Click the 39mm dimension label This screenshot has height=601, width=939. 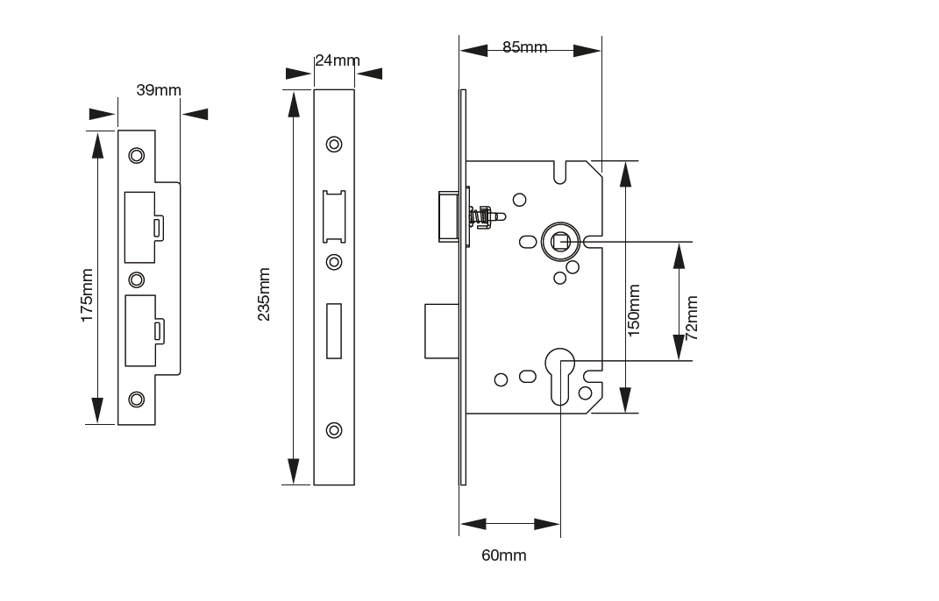(x=159, y=90)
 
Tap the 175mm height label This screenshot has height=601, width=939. (x=87, y=295)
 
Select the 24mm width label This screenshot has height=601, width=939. (x=337, y=60)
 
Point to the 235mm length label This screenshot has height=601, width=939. (x=264, y=294)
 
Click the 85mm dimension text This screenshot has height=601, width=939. (x=524, y=47)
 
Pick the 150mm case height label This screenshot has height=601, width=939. (x=635, y=309)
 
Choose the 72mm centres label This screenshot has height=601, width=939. (x=692, y=317)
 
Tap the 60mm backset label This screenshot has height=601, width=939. (x=503, y=555)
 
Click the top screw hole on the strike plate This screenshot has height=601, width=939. (x=136, y=156)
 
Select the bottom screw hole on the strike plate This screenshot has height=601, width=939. (x=136, y=399)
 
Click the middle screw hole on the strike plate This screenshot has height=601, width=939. (x=136, y=279)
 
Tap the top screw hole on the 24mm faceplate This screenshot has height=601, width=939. (x=333, y=144)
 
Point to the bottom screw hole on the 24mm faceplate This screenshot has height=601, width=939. (x=333, y=430)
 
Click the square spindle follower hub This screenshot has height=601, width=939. (x=558, y=240)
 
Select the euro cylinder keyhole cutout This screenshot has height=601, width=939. (x=560, y=373)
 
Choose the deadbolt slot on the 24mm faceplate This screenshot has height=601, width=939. (x=334, y=330)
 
